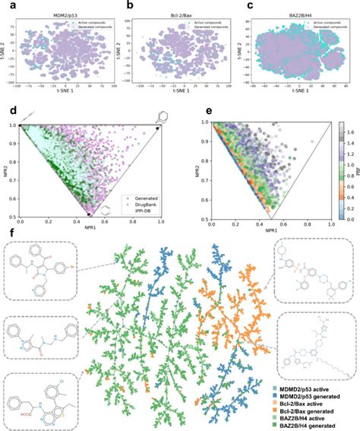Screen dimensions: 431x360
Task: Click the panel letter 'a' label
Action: (5, 6)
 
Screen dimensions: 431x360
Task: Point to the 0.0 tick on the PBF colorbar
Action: (346, 218)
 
